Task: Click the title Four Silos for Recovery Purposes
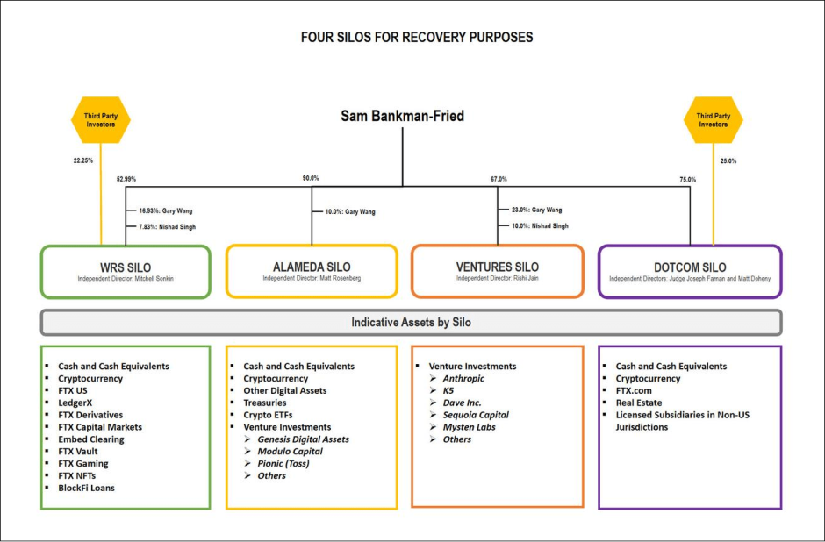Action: (416, 38)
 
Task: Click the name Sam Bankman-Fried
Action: (403, 116)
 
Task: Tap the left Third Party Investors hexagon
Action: (100, 120)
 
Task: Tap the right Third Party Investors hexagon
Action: (713, 120)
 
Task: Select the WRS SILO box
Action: (126, 271)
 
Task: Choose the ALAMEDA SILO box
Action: (312, 271)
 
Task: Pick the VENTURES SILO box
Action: (498, 271)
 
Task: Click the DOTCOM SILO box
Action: (690, 271)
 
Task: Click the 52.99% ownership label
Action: (126, 179)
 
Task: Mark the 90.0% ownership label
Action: (311, 179)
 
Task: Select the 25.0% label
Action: (728, 160)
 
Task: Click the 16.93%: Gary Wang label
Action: (166, 210)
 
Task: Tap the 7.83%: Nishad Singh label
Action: (167, 226)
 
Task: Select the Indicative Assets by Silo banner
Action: (411, 322)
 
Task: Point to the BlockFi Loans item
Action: (86, 488)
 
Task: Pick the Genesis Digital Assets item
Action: (303, 439)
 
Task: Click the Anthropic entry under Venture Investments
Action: (463, 379)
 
